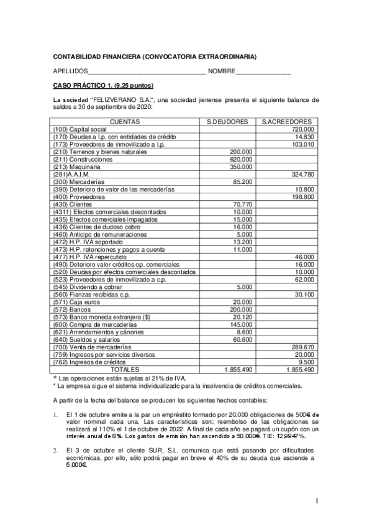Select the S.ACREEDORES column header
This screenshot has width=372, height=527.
point(287,121)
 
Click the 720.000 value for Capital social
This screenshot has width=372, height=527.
point(302,129)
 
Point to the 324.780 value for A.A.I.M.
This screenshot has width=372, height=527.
point(302,174)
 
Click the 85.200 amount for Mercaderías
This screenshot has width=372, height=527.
point(242,181)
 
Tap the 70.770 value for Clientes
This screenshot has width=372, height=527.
point(242,204)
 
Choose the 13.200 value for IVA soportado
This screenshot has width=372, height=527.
point(242,242)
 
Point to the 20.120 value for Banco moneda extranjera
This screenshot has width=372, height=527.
point(242,316)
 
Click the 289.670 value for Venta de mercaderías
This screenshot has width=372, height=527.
point(302,347)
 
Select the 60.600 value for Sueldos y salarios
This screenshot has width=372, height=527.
point(242,339)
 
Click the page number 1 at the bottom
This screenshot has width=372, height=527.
point(316,500)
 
